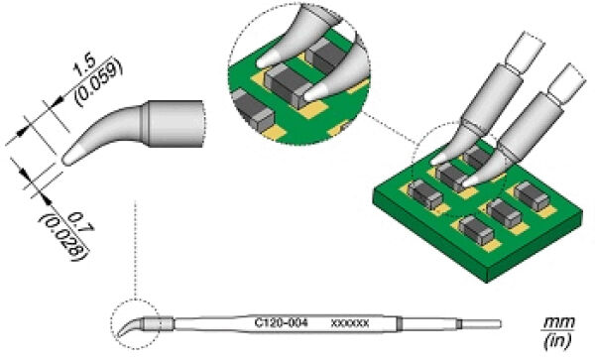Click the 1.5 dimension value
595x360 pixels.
tap(84, 67)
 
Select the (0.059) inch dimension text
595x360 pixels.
tap(99, 82)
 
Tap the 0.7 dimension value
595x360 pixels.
tap(81, 223)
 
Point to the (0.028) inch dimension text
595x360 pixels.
tap(64, 238)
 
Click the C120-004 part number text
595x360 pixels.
tap(282, 323)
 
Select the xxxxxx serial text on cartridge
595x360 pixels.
tap(350, 323)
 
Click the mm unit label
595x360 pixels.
tap(559, 323)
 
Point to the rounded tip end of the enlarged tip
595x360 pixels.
tap(66, 160)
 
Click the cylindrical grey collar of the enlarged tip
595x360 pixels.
tap(176, 124)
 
